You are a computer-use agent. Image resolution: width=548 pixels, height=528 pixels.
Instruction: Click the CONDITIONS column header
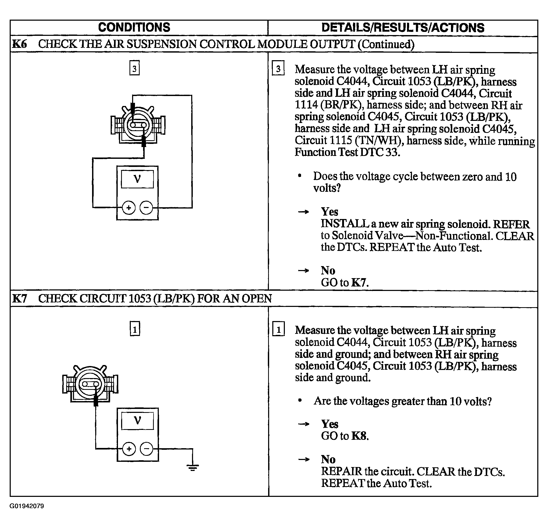tap(134, 27)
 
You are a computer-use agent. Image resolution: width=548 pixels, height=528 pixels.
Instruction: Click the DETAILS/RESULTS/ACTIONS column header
tap(403, 28)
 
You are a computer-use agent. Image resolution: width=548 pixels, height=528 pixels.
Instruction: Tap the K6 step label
tap(20, 44)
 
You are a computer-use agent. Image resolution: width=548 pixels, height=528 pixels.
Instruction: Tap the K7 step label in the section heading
tap(20, 299)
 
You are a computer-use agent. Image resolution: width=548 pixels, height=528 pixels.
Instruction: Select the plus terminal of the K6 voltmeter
tap(129, 208)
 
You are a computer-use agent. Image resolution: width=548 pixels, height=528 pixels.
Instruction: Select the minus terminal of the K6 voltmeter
tap(146, 208)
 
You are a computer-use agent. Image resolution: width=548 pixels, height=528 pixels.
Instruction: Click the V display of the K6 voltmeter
tap(137, 179)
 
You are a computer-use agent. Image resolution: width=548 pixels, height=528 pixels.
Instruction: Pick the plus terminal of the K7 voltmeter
tap(129, 449)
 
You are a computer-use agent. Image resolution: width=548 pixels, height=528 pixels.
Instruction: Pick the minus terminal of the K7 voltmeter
tap(146, 449)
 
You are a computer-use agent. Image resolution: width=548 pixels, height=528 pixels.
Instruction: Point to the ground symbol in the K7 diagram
tap(193, 468)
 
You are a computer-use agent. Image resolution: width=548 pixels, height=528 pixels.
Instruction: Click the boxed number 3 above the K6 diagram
tap(134, 68)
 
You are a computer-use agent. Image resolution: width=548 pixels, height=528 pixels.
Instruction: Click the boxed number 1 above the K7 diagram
tap(135, 329)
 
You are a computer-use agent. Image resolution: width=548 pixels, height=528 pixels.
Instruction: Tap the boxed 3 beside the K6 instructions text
tap(278, 68)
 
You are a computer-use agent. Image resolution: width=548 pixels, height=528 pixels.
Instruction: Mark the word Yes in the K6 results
tap(330, 212)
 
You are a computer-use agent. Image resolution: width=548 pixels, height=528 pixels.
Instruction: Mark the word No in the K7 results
tap(328, 459)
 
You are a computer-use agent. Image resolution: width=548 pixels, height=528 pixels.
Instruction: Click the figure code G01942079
tap(27, 506)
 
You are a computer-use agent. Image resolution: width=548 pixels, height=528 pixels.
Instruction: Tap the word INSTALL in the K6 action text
tap(345, 224)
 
